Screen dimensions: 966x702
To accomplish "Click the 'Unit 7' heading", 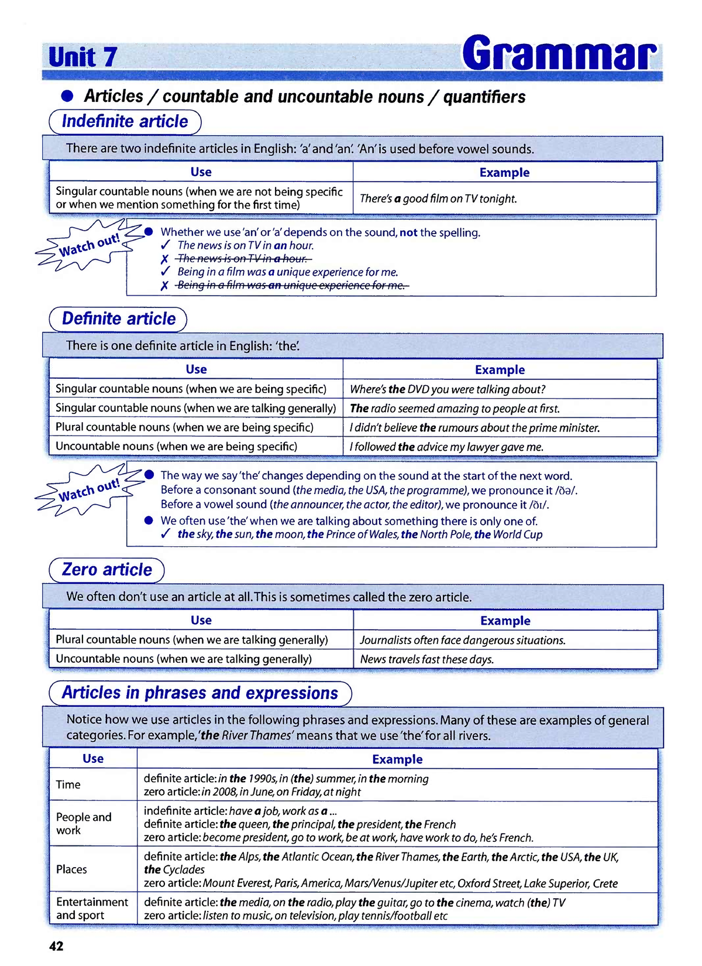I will click(82, 57).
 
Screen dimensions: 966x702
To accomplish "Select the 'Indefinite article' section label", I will click(125, 122).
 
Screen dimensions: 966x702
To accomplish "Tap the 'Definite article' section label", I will click(118, 319).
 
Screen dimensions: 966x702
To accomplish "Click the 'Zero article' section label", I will click(106, 570).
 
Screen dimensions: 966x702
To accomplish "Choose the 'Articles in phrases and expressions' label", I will click(200, 693).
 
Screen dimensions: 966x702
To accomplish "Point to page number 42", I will click(56, 946).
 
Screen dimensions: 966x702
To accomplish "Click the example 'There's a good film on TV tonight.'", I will click(438, 198).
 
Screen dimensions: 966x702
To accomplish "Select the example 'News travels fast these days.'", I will click(426, 659).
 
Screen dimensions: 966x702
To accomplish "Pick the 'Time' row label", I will click(68, 785).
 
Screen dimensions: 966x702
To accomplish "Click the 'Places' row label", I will click(71, 869).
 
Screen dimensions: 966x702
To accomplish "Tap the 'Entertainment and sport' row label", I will click(92, 909).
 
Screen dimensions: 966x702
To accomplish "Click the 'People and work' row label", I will click(83, 823).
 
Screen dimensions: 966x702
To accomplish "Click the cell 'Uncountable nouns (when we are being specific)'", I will click(176, 446).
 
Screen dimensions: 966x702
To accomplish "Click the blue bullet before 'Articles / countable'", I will click(68, 96).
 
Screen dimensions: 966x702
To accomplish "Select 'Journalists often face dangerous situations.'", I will click(462, 640).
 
